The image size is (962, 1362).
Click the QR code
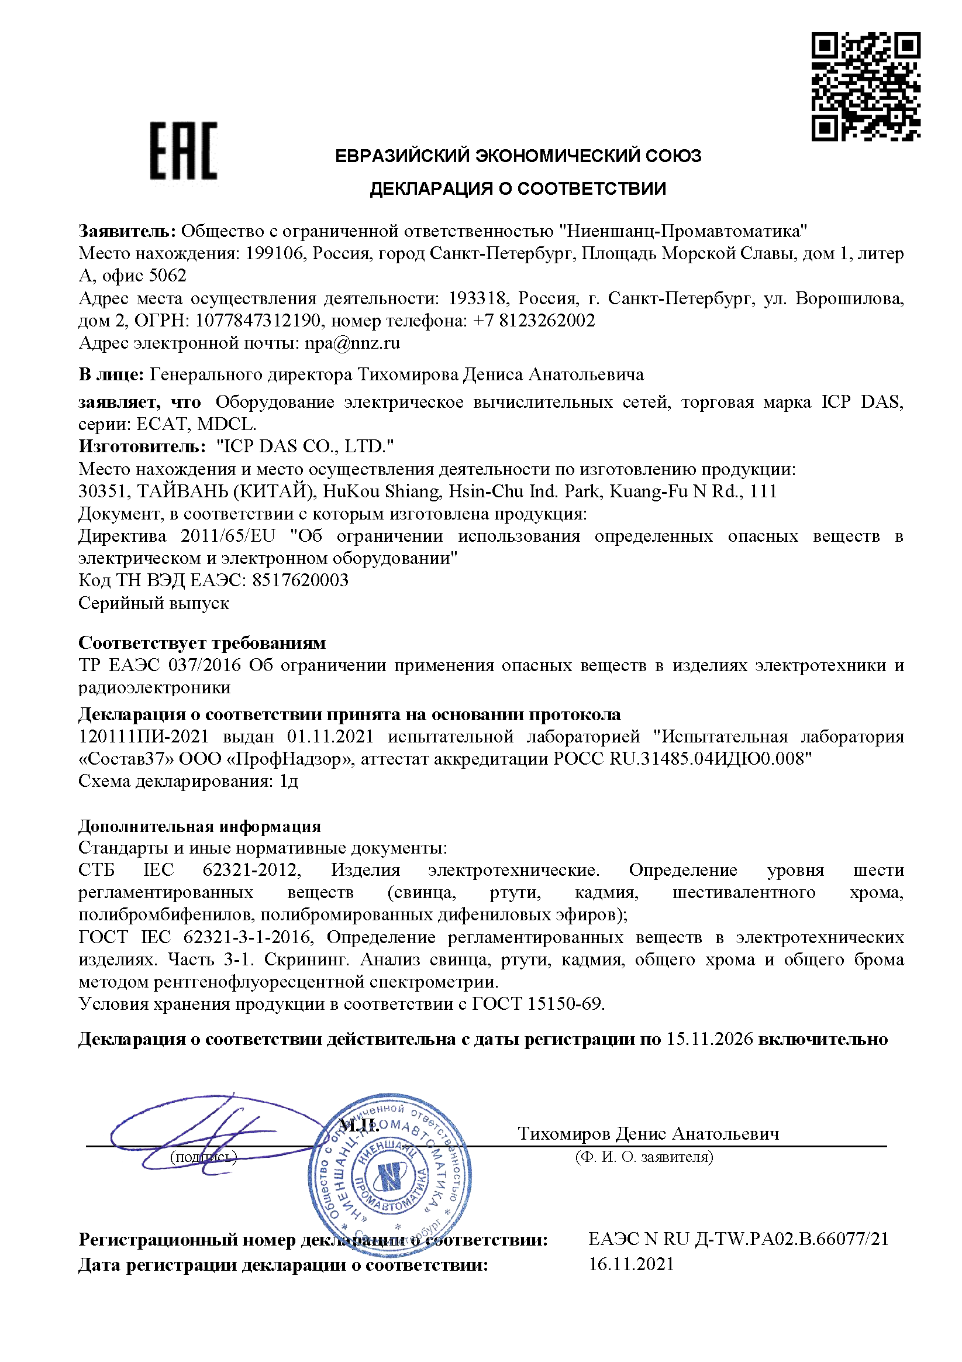[x=866, y=87]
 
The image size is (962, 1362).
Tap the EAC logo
[x=183, y=151]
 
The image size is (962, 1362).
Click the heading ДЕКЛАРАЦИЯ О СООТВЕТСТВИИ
[x=518, y=188]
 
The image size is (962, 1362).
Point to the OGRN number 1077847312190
[x=258, y=321]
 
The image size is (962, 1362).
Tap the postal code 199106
[x=275, y=254]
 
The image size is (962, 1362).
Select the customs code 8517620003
[x=300, y=580]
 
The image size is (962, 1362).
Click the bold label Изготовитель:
[x=142, y=446]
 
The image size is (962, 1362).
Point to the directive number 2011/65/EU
[x=228, y=536]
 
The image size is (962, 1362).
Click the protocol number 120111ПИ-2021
[x=143, y=737]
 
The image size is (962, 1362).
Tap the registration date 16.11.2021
[x=631, y=1264]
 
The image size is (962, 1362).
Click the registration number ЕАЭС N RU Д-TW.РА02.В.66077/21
[x=739, y=1239]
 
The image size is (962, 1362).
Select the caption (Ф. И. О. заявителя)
[x=644, y=1157]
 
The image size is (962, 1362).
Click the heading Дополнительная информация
[x=200, y=826]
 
